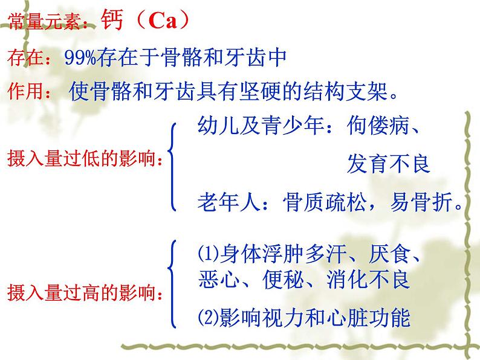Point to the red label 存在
(22, 59)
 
